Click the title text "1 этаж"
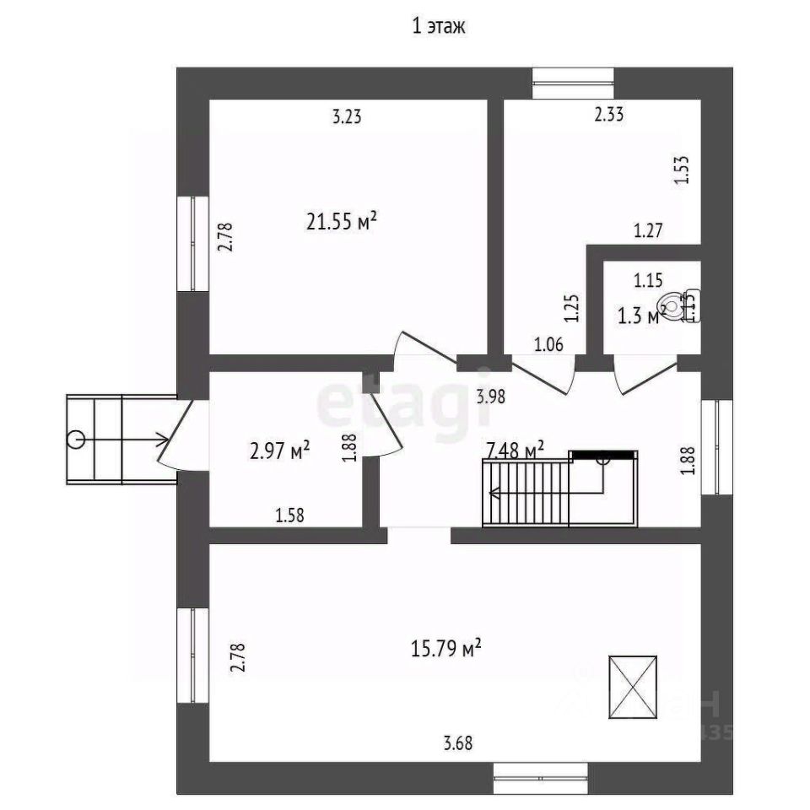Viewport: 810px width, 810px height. click(438, 27)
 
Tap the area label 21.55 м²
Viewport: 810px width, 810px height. click(341, 222)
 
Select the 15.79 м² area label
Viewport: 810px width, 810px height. click(445, 649)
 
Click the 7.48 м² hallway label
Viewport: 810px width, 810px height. click(514, 450)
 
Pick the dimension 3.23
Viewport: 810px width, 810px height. click(346, 117)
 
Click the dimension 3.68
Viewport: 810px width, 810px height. click(458, 743)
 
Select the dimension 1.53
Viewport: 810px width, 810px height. click(682, 170)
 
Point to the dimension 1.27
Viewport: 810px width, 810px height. click(649, 229)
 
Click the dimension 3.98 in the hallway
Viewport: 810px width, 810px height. click(490, 396)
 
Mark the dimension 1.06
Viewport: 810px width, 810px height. click(548, 343)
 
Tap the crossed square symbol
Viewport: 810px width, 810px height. click(632, 686)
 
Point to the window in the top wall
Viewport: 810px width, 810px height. click(573, 83)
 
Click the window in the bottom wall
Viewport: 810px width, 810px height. click(539, 777)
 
